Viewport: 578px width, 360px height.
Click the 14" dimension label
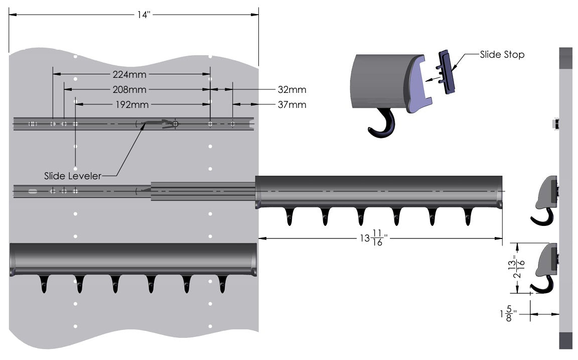(x=144, y=15)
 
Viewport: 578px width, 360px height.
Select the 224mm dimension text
(x=129, y=74)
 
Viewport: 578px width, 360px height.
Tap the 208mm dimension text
(x=129, y=90)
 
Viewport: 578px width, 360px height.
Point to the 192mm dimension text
(x=132, y=105)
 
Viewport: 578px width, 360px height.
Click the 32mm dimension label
(x=292, y=90)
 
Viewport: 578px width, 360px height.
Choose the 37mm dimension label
(x=292, y=105)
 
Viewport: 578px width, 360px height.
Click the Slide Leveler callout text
(x=73, y=176)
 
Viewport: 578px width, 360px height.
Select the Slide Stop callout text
(x=502, y=55)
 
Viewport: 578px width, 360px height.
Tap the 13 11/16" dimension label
(x=374, y=238)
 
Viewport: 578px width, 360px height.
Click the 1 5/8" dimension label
(x=508, y=313)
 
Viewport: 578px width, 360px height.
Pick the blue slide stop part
(x=446, y=72)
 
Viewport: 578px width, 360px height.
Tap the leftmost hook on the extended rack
(x=290, y=216)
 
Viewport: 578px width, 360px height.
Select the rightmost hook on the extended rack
(x=468, y=216)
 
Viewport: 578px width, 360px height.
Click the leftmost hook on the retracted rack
(x=44, y=284)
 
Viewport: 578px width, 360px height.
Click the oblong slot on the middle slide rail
(x=33, y=191)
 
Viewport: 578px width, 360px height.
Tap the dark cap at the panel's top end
(x=566, y=58)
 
